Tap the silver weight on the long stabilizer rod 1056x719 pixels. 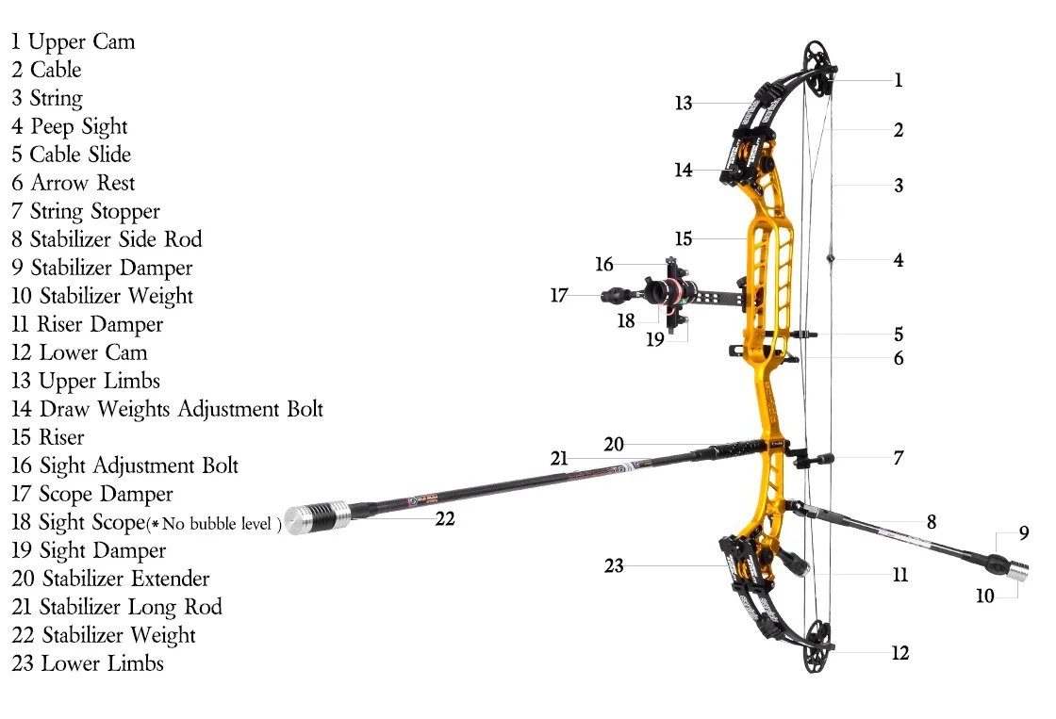[x=317, y=517]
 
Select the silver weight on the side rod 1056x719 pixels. [x=1018, y=569]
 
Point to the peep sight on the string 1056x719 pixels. [x=831, y=258]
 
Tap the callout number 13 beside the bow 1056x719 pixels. [x=684, y=103]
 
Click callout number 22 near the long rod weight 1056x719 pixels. [x=445, y=518]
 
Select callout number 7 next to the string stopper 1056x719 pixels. [x=899, y=458]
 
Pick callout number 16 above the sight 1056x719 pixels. [x=604, y=264]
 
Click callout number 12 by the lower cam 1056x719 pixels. [x=900, y=652]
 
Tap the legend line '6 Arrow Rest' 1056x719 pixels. [x=74, y=183]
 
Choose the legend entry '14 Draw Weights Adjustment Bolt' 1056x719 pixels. [x=167, y=409]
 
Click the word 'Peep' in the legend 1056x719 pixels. [x=52, y=127]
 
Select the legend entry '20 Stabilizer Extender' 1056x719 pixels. [x=110, y=579]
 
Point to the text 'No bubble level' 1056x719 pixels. [x=217, y=524]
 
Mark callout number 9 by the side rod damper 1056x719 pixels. [x=1024, y=532]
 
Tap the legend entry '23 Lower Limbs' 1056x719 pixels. [x=88, y=663]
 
